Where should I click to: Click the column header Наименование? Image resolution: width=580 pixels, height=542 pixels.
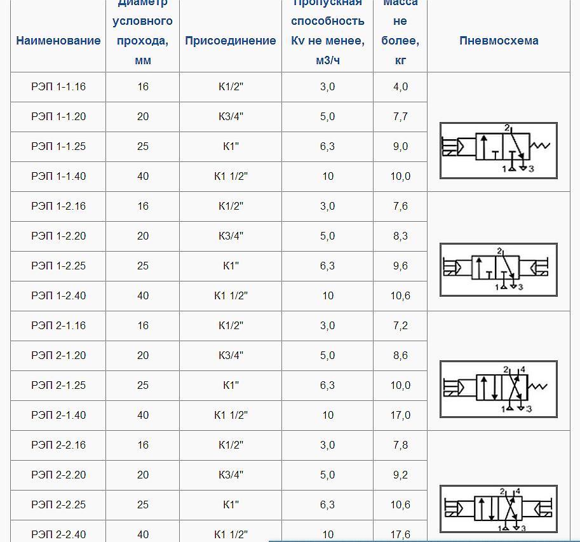tap(58, 41)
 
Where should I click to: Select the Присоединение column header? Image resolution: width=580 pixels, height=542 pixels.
tap(231, 41)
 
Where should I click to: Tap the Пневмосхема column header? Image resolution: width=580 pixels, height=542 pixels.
tap(499, 41)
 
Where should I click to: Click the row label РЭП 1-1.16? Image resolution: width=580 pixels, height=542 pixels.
tap(58, 87)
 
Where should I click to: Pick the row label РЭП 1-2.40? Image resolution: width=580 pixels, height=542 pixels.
tap(58, 295)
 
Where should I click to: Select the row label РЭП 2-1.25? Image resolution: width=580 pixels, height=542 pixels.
tap(58, 385)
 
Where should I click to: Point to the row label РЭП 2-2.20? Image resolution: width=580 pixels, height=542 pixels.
tap(58, 475)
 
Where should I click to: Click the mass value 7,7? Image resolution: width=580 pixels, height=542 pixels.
tap(400, 117)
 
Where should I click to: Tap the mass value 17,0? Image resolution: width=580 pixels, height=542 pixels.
tap(400, 415)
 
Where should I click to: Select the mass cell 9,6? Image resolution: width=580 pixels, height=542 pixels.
tap(400, 266)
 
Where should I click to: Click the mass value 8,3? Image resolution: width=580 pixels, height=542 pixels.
tap(400, 236)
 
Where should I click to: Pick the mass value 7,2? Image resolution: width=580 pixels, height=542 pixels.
tap(400, 325)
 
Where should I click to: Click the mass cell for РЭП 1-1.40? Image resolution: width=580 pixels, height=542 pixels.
tap(400, 177)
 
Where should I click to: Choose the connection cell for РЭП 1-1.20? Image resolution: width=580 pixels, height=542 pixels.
tap(231, 117)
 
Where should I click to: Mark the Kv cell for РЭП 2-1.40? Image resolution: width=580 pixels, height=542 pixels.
tap(328, 415)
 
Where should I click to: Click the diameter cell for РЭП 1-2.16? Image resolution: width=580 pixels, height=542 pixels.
tap(143, 206)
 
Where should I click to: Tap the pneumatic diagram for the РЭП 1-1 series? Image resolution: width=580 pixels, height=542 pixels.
tap(499, 150)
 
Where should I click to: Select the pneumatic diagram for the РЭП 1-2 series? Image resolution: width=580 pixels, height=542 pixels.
tap(499, 269)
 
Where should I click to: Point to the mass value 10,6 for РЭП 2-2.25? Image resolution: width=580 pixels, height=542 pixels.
tap(400, 505)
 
